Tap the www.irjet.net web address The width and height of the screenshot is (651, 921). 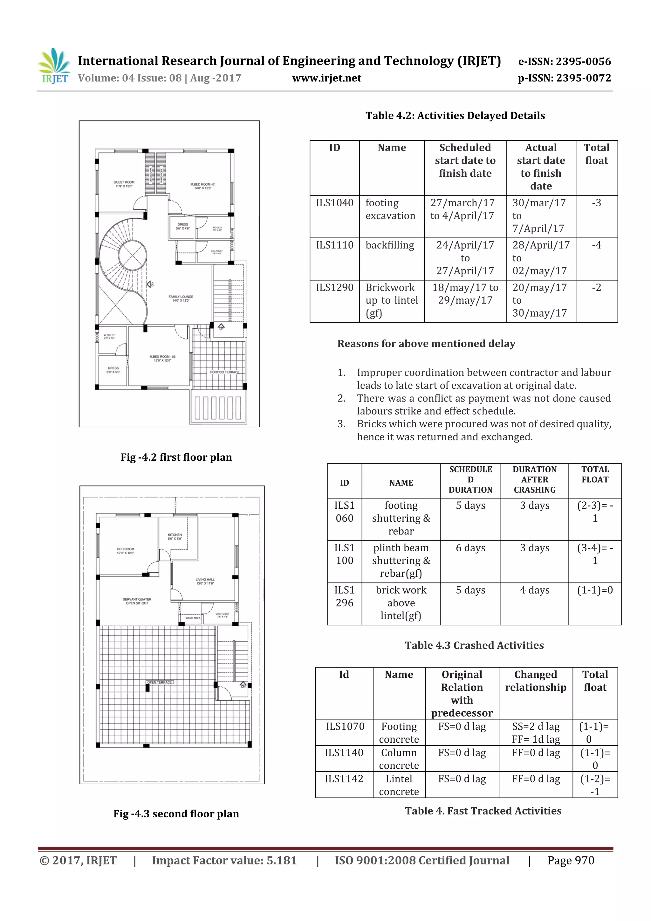[x=326, y=78]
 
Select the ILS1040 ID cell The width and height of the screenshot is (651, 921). [x=334, y=203]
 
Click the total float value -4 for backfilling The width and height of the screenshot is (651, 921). [x=596, y=245]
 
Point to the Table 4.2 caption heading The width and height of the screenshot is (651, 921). [x=455, y=116]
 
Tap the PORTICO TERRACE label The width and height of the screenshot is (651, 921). [x=225, y=372]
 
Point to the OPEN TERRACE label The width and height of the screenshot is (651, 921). [x=160, y=682]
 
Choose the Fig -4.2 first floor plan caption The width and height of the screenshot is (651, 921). [x=176, y=457]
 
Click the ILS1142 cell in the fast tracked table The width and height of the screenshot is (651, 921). [x=344, y=779]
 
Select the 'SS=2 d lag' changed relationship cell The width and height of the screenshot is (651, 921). [x=536, y=727]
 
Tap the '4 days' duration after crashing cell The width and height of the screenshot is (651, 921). [x=534, y=590]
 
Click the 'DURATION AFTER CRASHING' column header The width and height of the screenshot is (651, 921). [x=534, y=479]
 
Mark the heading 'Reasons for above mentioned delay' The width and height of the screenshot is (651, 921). [x=426, y=344]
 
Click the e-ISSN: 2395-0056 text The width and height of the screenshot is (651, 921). [x=564, y=61]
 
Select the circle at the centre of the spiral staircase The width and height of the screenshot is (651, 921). [x=132, y=256]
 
